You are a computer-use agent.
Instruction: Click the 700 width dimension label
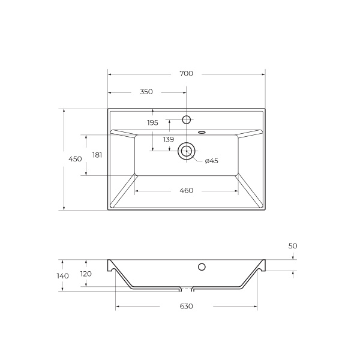pos(186,74)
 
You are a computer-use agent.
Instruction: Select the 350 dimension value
pos(146,92)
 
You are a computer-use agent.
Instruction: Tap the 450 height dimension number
pos(75,159)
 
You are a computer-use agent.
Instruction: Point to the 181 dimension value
pos(97,155)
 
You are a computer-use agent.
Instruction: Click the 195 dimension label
pos(152,122)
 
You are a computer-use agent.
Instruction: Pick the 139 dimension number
pos(168,139)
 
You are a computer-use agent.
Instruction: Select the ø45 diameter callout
pos(211,161)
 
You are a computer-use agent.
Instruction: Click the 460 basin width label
pos(186,191)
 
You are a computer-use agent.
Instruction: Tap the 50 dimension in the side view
pos(293,246)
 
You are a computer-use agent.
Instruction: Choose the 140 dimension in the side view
pos(63,276)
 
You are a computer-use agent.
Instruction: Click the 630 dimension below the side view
pos(186,307)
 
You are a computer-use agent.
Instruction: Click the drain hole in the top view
pos(186,151)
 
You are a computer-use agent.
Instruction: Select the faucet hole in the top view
pos(186,119)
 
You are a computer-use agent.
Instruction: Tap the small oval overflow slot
pos(202,132)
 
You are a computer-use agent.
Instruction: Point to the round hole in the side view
pos(202,266)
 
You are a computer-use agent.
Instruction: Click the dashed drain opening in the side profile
pos(187,289)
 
